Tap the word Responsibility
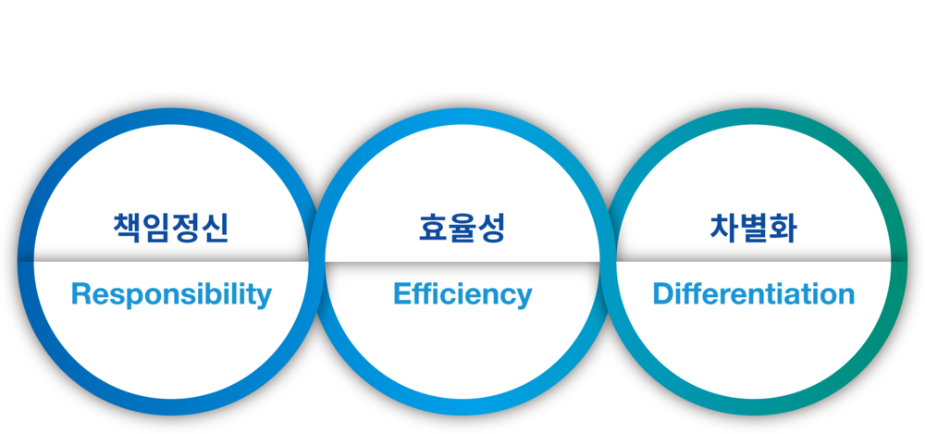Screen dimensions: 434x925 (x=171, y=295)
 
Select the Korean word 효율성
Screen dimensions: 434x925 (x=462, y=228)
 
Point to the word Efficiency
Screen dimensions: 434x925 (x=462, y=295)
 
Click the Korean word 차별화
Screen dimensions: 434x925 (x=753, y=228)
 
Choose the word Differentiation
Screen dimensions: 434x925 (x=753, y=295)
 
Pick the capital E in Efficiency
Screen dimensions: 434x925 (x=401, y=294)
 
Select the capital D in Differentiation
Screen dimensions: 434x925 (x=661, y=294)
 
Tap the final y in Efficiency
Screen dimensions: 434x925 (x=524, y=298)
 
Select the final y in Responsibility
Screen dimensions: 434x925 (x=265, y=298)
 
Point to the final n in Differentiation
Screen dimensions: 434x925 (x=845, y=296)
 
